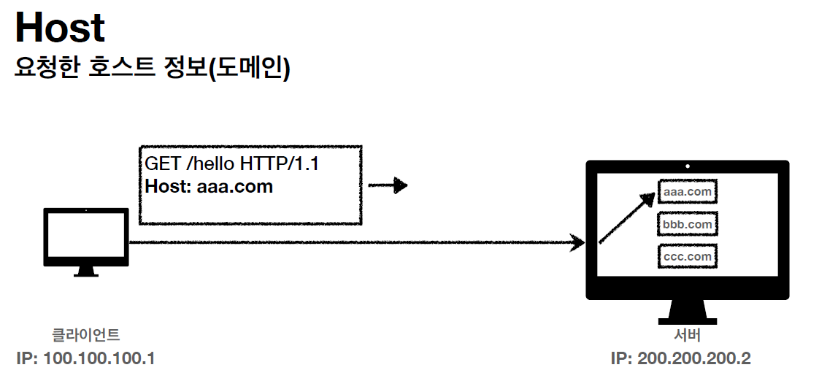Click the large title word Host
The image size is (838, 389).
tap(60, 28)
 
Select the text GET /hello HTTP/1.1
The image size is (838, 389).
tap(231, 164)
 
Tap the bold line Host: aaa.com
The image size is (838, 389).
tap(209, 186)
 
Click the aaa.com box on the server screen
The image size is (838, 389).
tap(688, 191)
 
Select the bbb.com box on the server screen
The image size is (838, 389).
tap(688, 224)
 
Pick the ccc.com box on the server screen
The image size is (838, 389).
tap(688, 257)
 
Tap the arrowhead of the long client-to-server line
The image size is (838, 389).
tap(578, 242)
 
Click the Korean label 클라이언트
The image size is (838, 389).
tap(86, 335)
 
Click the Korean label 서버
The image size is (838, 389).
tap(687, 336)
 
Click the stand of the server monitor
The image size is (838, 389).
tap(687, 313)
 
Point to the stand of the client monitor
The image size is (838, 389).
tap(86, 271)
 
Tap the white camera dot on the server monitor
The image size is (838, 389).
tap(688, 166)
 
